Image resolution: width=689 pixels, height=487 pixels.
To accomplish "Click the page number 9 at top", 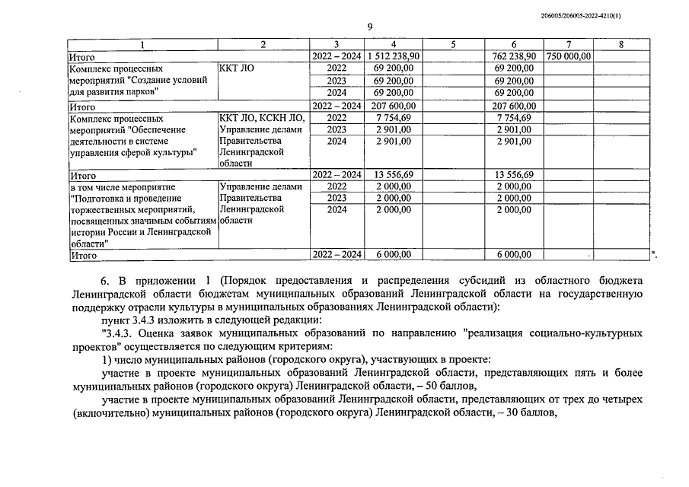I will tap(369, 27).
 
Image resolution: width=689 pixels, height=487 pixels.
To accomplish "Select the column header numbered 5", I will tap(452, 45).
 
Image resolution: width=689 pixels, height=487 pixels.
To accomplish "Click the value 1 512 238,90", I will tap(394, 56).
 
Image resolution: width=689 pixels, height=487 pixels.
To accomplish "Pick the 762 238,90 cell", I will tap(514, 56).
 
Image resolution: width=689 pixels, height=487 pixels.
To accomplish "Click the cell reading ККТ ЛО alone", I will tap(236, 68).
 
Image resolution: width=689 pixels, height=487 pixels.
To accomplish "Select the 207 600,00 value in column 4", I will tap(395, 107).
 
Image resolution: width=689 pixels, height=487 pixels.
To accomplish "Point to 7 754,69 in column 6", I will tap(514, 119).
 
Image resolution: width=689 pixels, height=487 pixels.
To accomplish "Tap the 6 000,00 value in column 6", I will tap(514, 255).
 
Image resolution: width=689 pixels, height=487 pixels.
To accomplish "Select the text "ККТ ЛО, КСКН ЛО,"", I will tap(261, 119).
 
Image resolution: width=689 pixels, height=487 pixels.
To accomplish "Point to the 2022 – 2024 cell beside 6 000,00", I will tap(337, 255).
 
